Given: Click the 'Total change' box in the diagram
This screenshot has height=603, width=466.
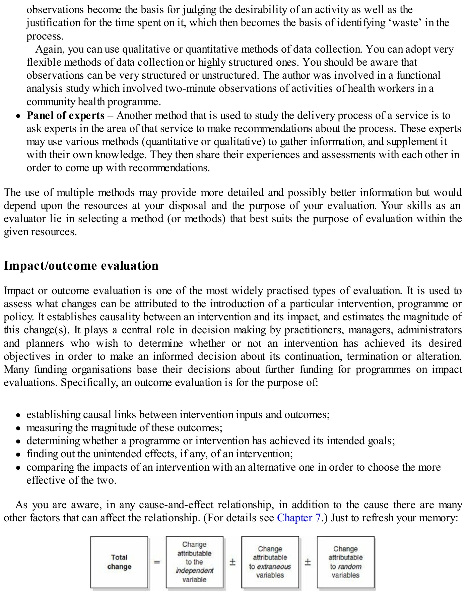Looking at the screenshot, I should (119, 562).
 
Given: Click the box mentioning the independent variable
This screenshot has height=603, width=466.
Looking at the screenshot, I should (194, 562).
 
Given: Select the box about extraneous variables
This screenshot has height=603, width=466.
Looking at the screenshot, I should (270, 562).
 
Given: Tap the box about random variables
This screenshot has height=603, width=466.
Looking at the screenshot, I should (345, 562).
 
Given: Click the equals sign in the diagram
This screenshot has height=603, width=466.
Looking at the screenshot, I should (157, 562).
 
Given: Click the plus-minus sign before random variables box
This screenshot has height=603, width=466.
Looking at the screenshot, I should (308, 562).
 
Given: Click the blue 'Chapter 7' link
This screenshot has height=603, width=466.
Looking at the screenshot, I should (299, 518).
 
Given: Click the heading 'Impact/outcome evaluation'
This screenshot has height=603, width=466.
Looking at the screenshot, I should (81, 266).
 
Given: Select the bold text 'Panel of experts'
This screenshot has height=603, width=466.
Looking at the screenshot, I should (66, 116).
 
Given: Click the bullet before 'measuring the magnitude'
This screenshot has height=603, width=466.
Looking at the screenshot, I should (19, 428).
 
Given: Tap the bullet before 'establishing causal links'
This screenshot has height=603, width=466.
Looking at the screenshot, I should (19, 415).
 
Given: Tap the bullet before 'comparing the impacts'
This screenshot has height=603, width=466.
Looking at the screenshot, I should (19, 468).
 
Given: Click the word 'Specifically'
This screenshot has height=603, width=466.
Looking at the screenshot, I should (89, 383).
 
